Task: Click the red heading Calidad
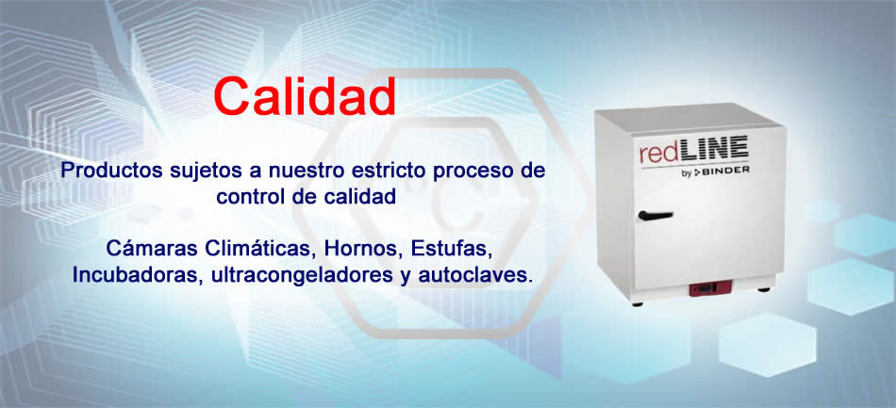[x=306, y=96]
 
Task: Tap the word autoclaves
[x=475, y=275]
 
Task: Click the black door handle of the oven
[x=655, y=216]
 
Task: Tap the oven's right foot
[x=763, y=289]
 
